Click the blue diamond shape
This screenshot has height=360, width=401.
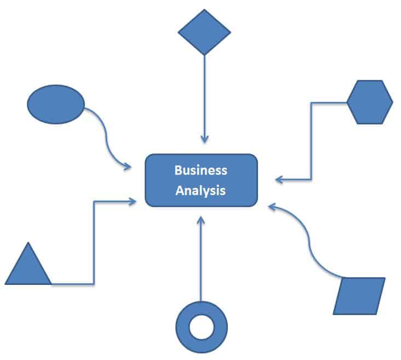(204, 32)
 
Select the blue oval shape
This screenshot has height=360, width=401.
(56, 104)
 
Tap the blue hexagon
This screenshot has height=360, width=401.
(370, 102)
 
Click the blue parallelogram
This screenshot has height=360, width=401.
(359, 296)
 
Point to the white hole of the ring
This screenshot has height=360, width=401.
(202, 327)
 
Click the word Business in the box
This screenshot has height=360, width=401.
(200, 170)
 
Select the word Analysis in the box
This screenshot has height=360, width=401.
(200, 191)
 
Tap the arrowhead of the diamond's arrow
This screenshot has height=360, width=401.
(204, 139)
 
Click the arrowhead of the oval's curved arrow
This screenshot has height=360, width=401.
(127, 165)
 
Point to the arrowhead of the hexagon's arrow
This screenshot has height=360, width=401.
(279, 179)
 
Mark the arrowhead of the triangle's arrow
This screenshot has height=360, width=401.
(133, 202)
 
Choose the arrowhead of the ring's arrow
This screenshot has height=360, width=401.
(200, 220)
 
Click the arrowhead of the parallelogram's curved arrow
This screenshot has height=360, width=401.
(272, 207)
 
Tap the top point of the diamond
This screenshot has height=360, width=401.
(204, 10)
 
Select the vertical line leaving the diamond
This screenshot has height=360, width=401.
(204, 93)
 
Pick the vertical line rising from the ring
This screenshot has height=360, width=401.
(200, 263)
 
